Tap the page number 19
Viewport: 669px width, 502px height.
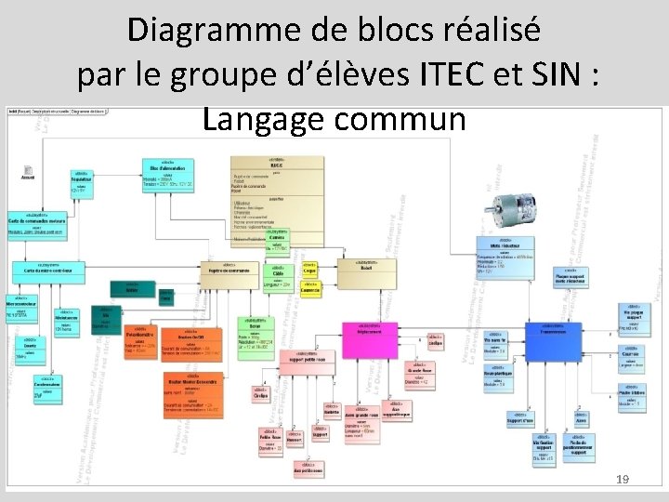point(623,479)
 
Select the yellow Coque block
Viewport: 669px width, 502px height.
point(309,269)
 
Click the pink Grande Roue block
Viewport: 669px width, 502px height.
point(419,376)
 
